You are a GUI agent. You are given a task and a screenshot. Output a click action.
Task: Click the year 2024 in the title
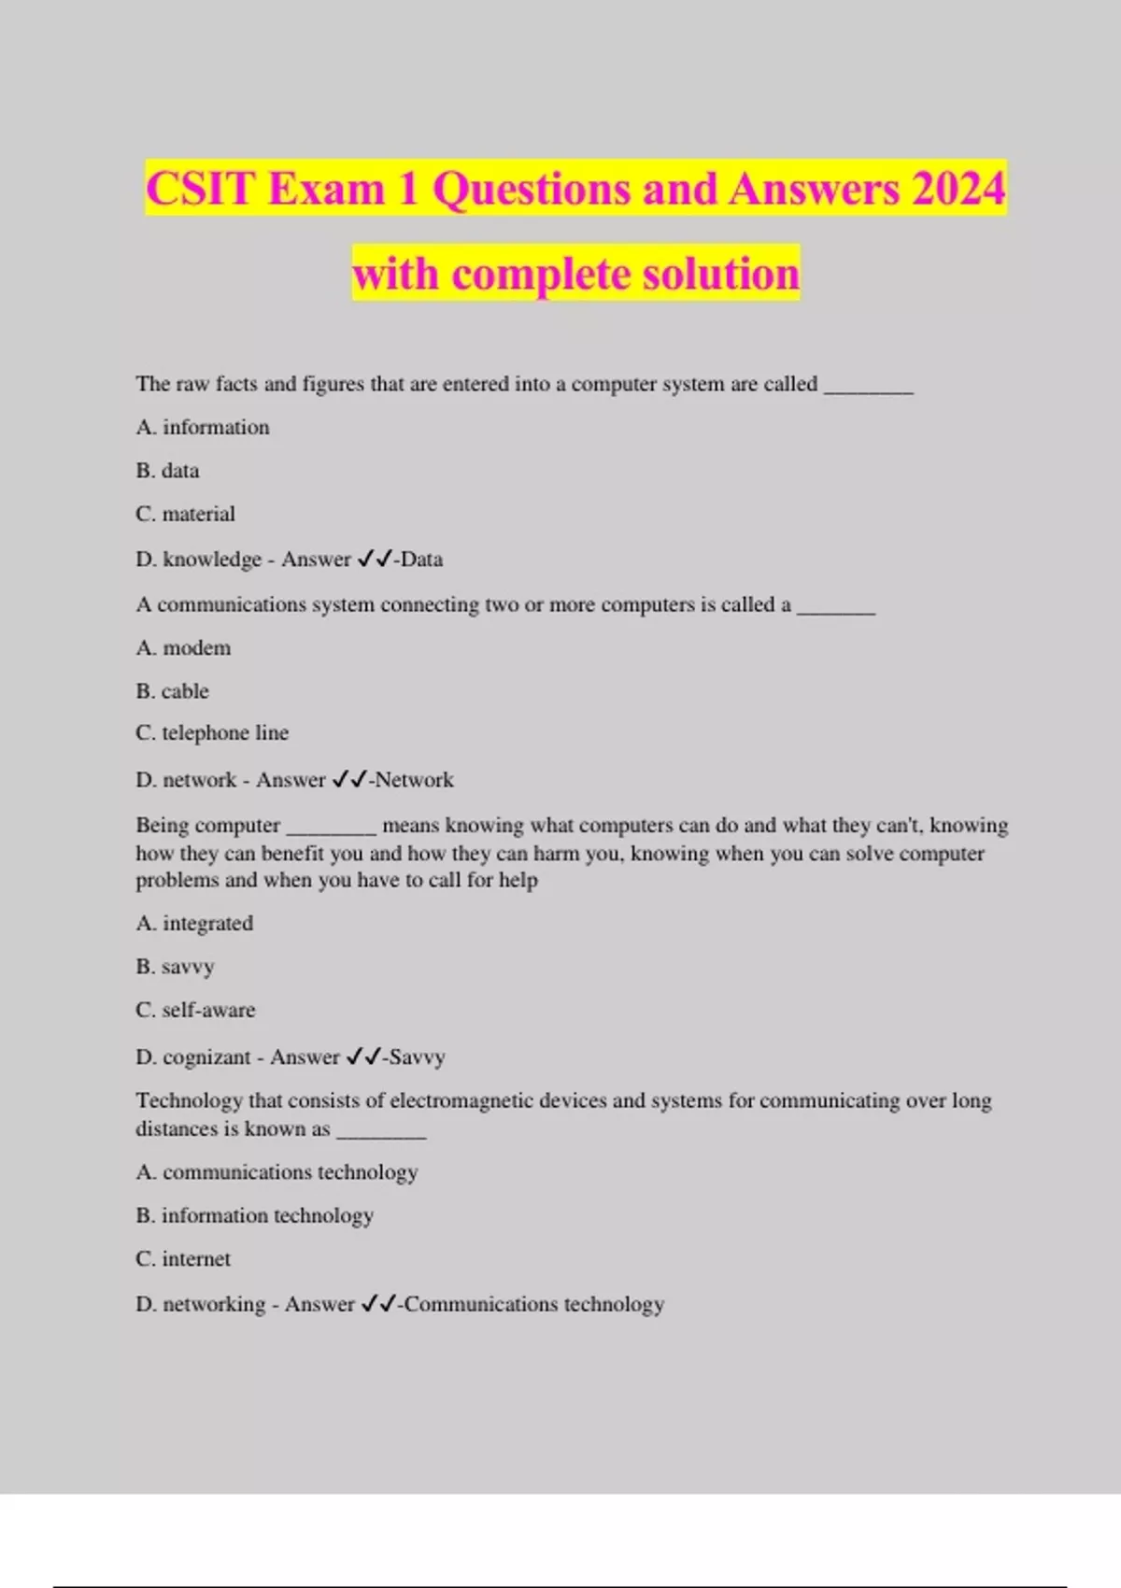(958, 189)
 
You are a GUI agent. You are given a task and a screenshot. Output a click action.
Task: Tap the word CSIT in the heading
(201, 189)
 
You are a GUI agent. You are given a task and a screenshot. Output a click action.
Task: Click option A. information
(203, 427)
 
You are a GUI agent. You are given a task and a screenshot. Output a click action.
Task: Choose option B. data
(167, 471)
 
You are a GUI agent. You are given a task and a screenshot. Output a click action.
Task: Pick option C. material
(185, 514)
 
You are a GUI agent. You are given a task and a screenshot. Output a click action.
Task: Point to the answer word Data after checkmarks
(422, 560)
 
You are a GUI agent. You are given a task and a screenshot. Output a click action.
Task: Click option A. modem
(183, 647)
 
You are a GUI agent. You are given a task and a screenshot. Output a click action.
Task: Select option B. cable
(172, 691)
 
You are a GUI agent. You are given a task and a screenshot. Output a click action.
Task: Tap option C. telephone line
(212, 733)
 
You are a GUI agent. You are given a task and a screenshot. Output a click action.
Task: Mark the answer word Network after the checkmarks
(414, 780)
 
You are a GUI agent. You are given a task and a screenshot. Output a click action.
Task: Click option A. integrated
(194, 923)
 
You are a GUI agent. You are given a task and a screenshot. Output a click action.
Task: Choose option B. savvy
(175, 967)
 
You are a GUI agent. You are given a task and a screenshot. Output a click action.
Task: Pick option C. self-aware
(195, 1010)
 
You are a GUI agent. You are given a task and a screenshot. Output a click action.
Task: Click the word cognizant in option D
(206, 1057)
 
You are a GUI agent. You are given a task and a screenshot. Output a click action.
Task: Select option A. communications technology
(277, 1172)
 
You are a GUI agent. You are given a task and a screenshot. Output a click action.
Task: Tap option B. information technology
(254, 1215)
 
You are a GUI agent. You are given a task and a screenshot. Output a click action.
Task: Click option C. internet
(183, 1259)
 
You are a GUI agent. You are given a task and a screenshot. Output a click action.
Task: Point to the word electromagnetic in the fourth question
(479, 1100)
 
